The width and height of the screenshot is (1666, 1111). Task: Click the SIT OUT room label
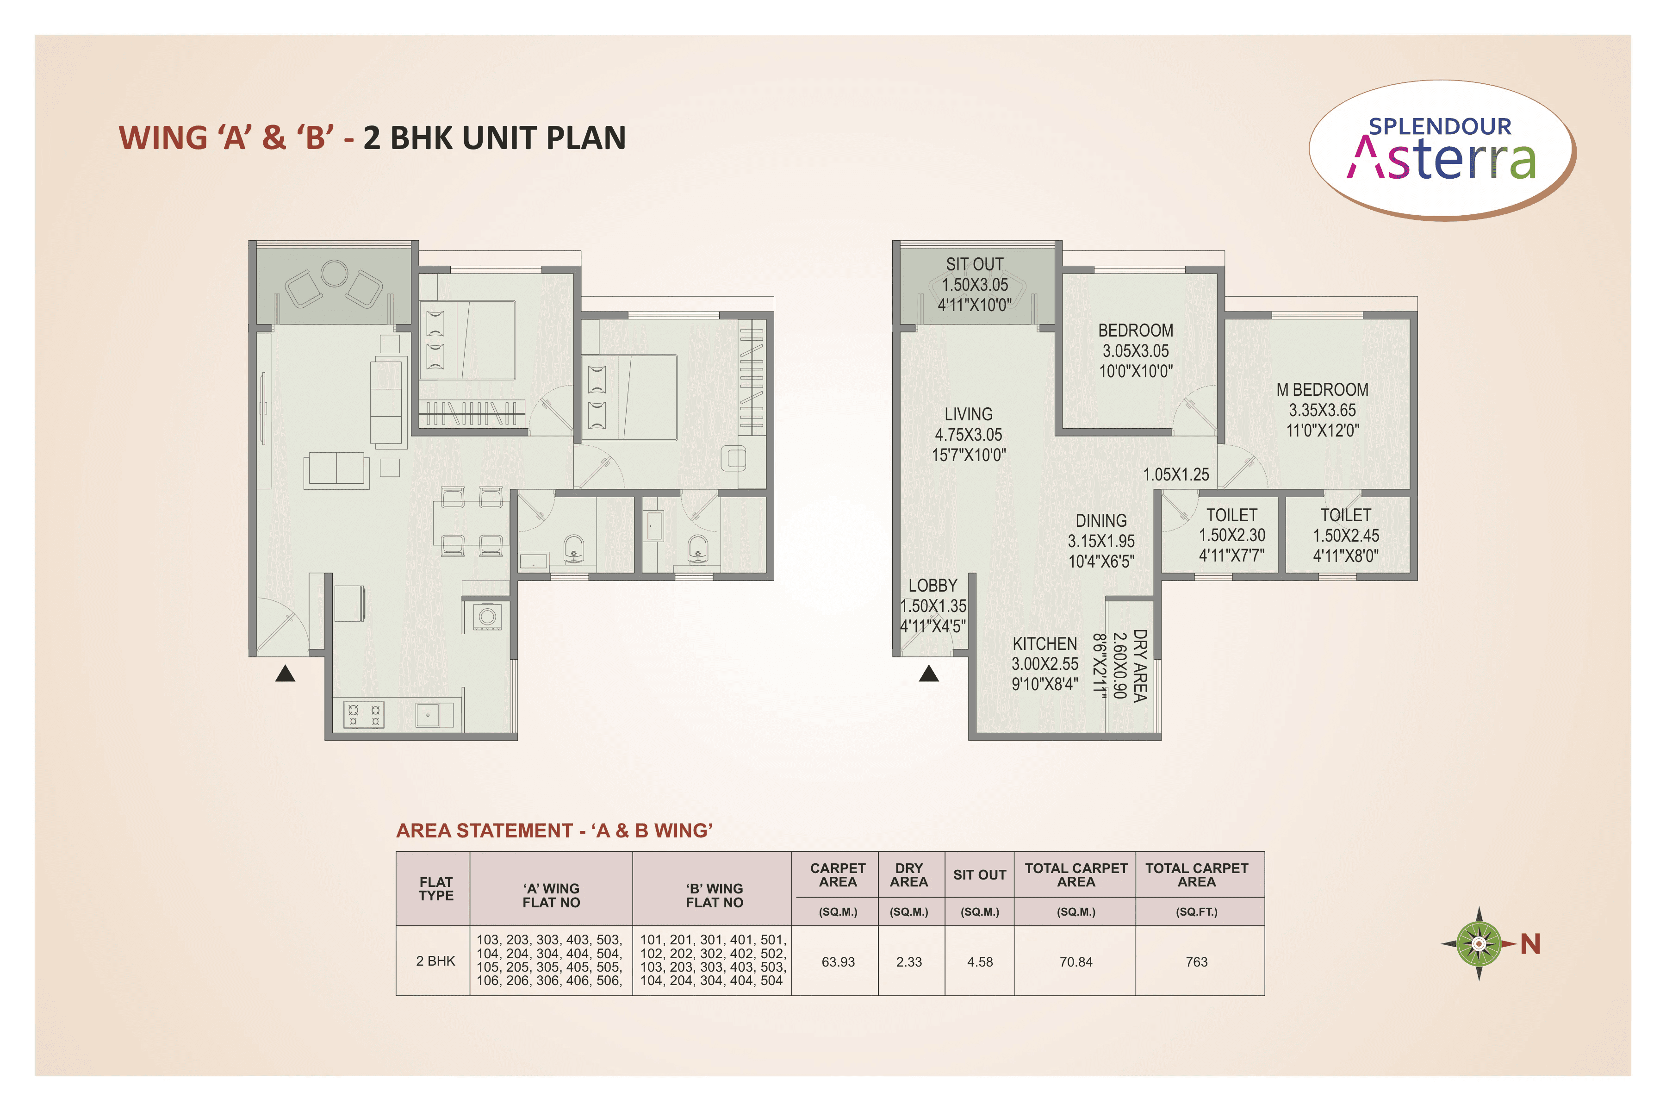975,264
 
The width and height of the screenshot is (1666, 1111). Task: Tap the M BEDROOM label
1322,390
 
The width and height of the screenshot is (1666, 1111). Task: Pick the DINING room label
1101,521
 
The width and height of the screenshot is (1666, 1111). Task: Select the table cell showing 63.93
838,961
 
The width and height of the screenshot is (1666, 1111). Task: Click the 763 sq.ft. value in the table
1196,961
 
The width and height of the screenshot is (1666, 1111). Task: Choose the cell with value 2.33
909,961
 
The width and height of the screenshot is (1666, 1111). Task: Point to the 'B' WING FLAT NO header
714,895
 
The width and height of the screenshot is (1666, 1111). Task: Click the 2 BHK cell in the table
435,961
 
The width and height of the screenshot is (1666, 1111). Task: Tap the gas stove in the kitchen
364,715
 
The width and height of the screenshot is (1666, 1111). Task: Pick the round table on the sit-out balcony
334,273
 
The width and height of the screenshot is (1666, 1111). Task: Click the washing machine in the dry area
487,617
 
